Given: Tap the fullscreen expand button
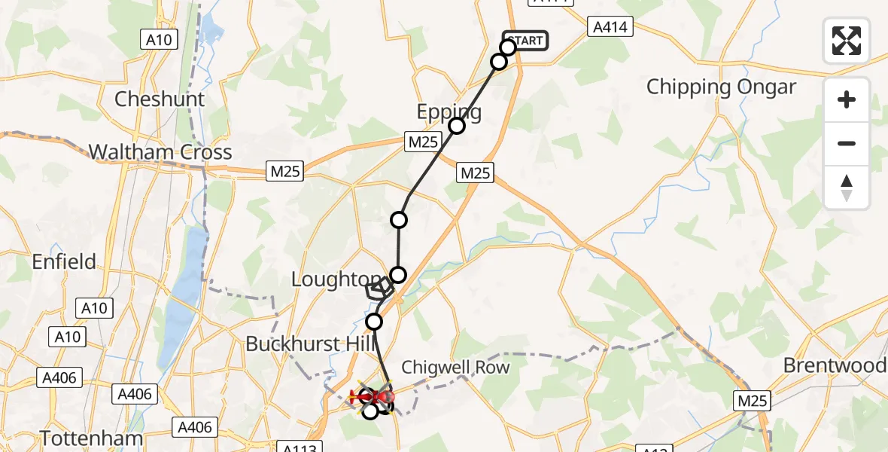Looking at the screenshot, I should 847,41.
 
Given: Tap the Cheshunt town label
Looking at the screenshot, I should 160,99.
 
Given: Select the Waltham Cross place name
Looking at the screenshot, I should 160,152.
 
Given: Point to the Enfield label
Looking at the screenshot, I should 64,261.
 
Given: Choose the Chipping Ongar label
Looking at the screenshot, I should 721,87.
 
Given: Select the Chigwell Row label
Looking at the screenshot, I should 455,368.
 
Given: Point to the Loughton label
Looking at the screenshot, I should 328,279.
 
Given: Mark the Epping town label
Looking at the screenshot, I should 449,112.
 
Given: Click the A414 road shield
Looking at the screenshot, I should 610,27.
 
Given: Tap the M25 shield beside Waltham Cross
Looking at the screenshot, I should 285,172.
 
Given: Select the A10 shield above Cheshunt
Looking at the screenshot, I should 159,39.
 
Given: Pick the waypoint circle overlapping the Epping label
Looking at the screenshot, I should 457,126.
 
